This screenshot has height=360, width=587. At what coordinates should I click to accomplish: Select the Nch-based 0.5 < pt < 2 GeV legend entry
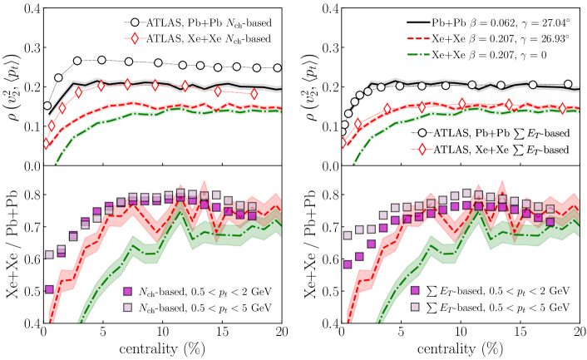pyautogui.click(x=204, y=292)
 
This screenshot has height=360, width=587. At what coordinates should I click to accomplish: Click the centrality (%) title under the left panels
pyautogui.click(x=163, y=350)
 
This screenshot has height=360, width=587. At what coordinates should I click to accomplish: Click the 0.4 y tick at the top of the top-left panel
pyautogui.click(x=30, y=9)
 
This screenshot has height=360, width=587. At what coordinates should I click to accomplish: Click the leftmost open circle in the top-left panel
pyautogui.click(x=47, y=106)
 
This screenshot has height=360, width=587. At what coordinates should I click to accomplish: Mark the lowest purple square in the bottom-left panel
pyautogui.click(x=49, y=290)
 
